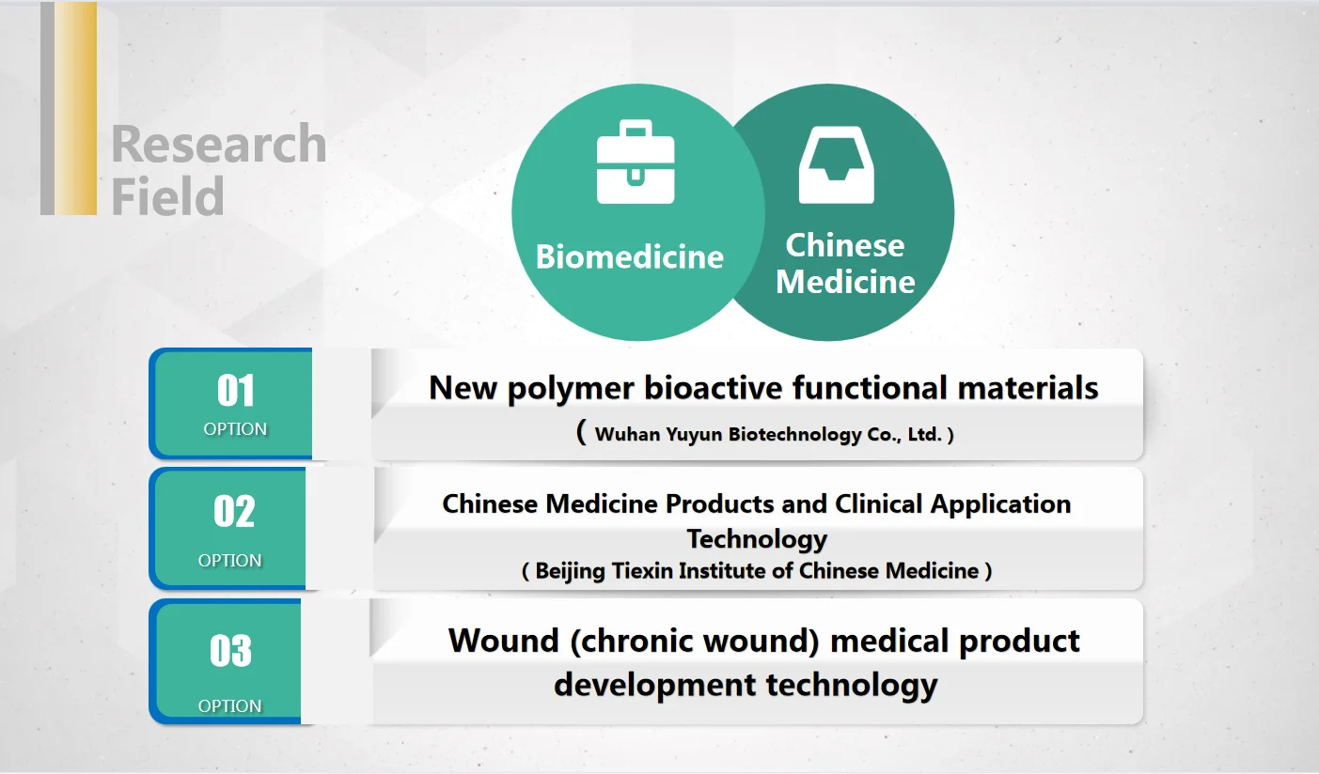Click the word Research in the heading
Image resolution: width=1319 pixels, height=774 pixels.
(218, 145)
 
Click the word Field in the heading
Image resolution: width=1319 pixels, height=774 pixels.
(167, 195)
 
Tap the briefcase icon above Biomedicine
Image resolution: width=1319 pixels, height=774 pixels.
(636, 162)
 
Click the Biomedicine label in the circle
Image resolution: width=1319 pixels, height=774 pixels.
(629, 256)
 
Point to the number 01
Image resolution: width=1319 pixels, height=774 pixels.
(235, 391)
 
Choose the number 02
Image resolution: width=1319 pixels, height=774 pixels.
(234, 512)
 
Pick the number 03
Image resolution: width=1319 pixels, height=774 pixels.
(230, 651)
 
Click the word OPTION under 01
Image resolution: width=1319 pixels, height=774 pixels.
(235, 429)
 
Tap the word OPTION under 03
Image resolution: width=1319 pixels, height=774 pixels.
(229, 705)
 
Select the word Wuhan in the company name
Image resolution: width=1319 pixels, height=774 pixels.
(625, 435)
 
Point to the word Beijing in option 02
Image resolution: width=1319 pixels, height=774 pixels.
(570, 570)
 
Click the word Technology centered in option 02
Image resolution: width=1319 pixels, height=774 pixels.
(757, 538)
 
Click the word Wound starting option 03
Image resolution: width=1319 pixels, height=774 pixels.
(503, 642)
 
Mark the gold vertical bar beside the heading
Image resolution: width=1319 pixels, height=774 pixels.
(75, 108)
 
